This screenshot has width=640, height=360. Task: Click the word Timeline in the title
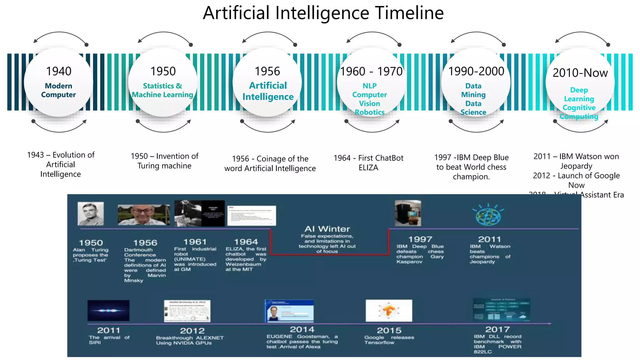(x=409, y=13)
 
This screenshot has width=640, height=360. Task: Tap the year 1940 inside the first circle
(x=59, y=71)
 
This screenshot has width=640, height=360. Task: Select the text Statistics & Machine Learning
(x=162, y=90)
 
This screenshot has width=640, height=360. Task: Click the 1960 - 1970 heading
(x=371, y=72)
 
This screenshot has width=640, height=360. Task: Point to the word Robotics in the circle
(x=369, y=112)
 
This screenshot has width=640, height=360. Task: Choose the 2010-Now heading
(x=580, y=73)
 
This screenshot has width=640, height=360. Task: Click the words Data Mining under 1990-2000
(x=473, y=90)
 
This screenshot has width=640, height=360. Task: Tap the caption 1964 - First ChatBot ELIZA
(x=368, y=162)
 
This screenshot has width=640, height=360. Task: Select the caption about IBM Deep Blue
(x=471, y=167)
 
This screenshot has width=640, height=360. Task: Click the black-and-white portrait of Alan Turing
(x=91, y=213)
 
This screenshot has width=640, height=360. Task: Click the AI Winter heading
(x=327, y=229)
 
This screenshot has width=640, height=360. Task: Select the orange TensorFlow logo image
(x=389, y=311)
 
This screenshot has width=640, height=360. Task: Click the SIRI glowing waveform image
(x=108, y=310)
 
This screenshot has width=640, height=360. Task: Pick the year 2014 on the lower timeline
(x=302, y=329)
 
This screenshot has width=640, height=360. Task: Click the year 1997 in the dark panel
(x=420, y=239)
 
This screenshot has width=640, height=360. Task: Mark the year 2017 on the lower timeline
(x=497, y=329)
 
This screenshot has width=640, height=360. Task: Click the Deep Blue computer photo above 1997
(x=408, y=213)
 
